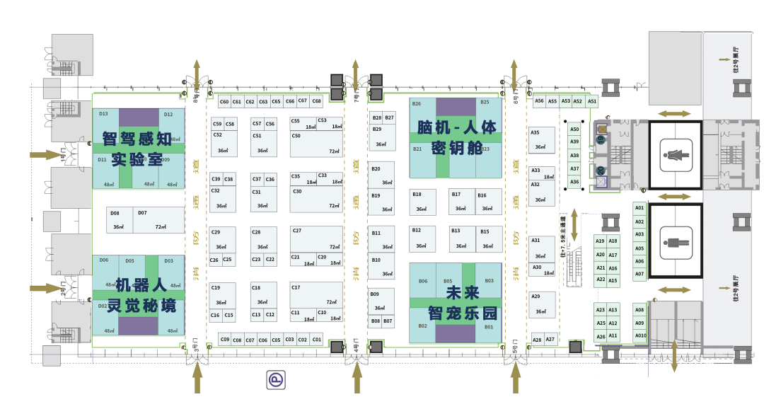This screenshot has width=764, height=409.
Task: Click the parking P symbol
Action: [275, 380]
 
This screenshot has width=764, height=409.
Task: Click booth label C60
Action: [224, 102]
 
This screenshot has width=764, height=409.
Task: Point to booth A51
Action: [592, 101]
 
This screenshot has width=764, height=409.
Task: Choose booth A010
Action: [640, 335]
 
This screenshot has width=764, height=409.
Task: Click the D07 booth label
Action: [142, 213]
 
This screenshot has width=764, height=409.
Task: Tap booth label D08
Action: [115, 213]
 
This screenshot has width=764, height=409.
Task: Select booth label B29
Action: [376, 129]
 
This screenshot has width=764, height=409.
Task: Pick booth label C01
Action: [316, 340]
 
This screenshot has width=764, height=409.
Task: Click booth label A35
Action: [535, 132]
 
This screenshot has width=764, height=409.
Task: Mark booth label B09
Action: [374, 294]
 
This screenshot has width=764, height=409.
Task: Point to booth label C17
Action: [296, 287]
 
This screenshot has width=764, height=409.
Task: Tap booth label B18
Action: [417, 194]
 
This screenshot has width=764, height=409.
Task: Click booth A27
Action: [550, 340]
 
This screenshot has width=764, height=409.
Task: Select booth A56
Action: [539, 101]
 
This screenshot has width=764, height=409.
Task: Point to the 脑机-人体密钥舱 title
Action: [456, 137]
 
